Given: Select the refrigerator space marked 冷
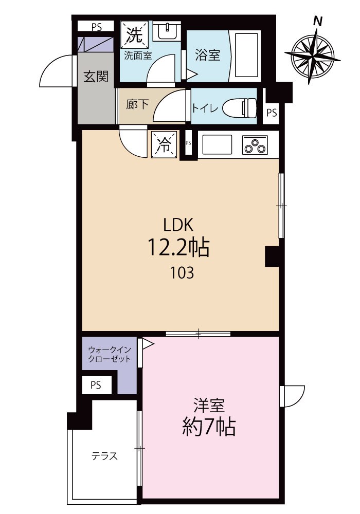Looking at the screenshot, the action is click(164, 144).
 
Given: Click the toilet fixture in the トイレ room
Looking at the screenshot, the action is click(239, 108).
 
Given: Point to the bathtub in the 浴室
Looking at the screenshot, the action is click(245, 56).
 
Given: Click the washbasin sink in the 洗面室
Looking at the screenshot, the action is click(166, 31).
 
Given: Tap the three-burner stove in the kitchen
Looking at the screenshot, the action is click(255, 144).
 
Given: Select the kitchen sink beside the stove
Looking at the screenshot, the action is click(217, 144).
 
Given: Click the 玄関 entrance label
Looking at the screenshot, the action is click(96, 77).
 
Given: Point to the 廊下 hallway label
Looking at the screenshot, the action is click(137, 104).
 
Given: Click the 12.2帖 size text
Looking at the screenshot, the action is click(179, 248).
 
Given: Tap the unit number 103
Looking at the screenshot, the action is click(182, 273).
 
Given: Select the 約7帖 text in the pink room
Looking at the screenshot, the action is click(209, 427).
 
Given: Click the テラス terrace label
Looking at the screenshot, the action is click(104, 456).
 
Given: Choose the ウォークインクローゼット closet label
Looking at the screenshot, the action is click(110, 354).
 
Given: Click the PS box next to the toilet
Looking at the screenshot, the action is click(272, 113).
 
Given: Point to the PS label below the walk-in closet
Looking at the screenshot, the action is click(96, 385).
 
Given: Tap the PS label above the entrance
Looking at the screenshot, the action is click(97, 27).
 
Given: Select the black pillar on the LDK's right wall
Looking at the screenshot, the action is click(272, 256).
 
